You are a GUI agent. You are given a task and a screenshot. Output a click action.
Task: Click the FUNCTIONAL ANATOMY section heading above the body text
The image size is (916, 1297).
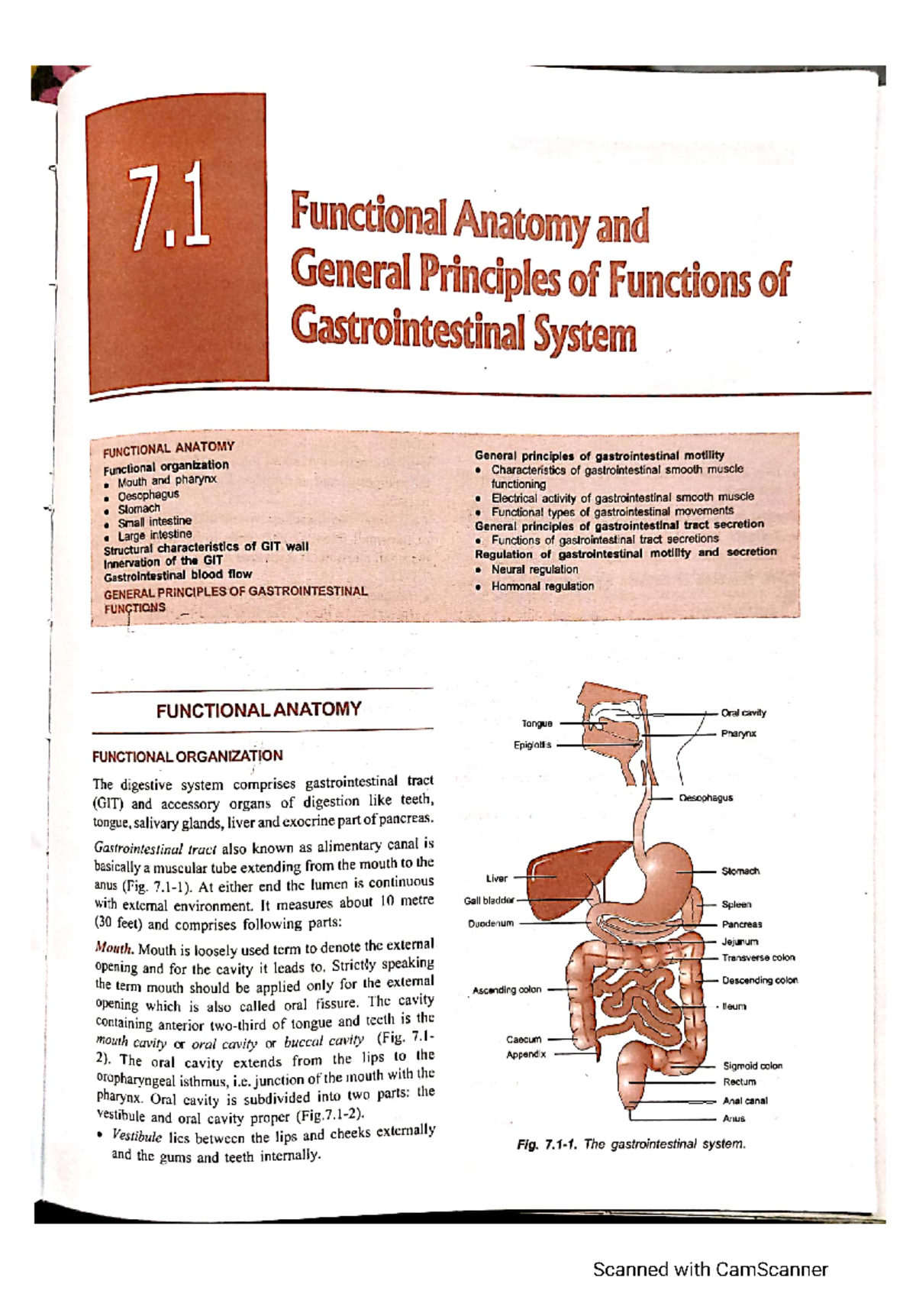coord(259,710)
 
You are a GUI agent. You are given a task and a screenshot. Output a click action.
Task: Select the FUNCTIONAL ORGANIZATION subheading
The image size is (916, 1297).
coord(188,756)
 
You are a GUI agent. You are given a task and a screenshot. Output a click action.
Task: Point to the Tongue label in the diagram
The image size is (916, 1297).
coord(537,723)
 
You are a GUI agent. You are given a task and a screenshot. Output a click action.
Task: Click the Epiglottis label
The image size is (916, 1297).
coord(532,745)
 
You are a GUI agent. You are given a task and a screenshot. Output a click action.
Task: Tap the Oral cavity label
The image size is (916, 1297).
coord(743,713)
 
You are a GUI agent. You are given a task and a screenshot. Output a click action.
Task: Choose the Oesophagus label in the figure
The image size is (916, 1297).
coord(705,797)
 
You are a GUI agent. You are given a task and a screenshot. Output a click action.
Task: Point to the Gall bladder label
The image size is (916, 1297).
coord(489,901)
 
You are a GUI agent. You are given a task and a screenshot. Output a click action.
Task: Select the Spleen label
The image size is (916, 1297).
coord(737,904)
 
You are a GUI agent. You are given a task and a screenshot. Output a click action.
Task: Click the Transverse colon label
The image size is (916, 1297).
coord(758,958)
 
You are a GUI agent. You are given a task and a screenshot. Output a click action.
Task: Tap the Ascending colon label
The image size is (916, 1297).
coord(507,990)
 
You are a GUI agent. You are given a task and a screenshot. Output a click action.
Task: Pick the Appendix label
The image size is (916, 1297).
coord(526,1055)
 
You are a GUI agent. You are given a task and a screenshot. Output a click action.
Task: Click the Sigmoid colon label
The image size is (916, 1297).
coord(753,1066)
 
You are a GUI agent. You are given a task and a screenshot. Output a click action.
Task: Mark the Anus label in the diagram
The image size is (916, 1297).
coord(734,1119)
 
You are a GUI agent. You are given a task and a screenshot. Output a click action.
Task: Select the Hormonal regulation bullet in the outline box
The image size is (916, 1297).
coord(542,587)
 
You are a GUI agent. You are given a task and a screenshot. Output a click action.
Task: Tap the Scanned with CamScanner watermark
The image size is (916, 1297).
coord(710,1270)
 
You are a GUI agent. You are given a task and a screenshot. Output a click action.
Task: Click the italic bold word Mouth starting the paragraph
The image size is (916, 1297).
coord(114,948)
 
